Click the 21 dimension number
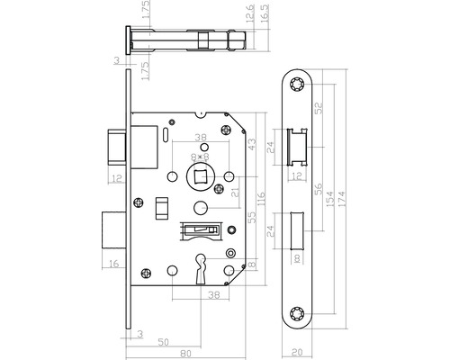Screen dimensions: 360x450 pyautogui.click(x=235, y=191)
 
